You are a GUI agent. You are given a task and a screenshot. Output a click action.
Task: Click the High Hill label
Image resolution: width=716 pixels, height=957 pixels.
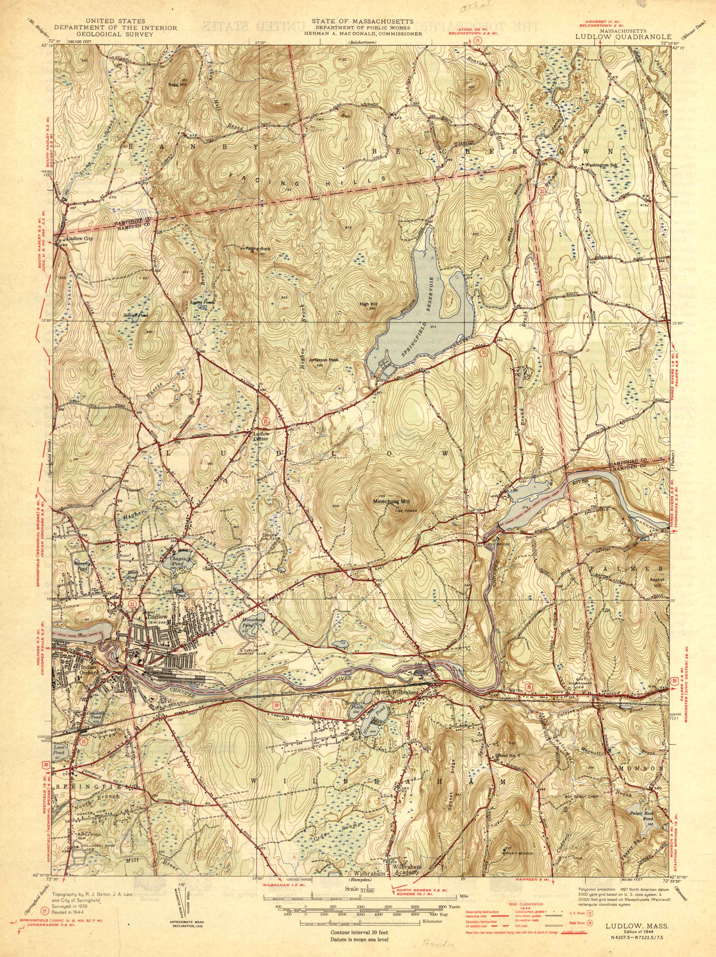click(369, 304)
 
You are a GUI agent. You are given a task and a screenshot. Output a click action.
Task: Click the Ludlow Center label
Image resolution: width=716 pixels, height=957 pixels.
click(262, 436)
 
